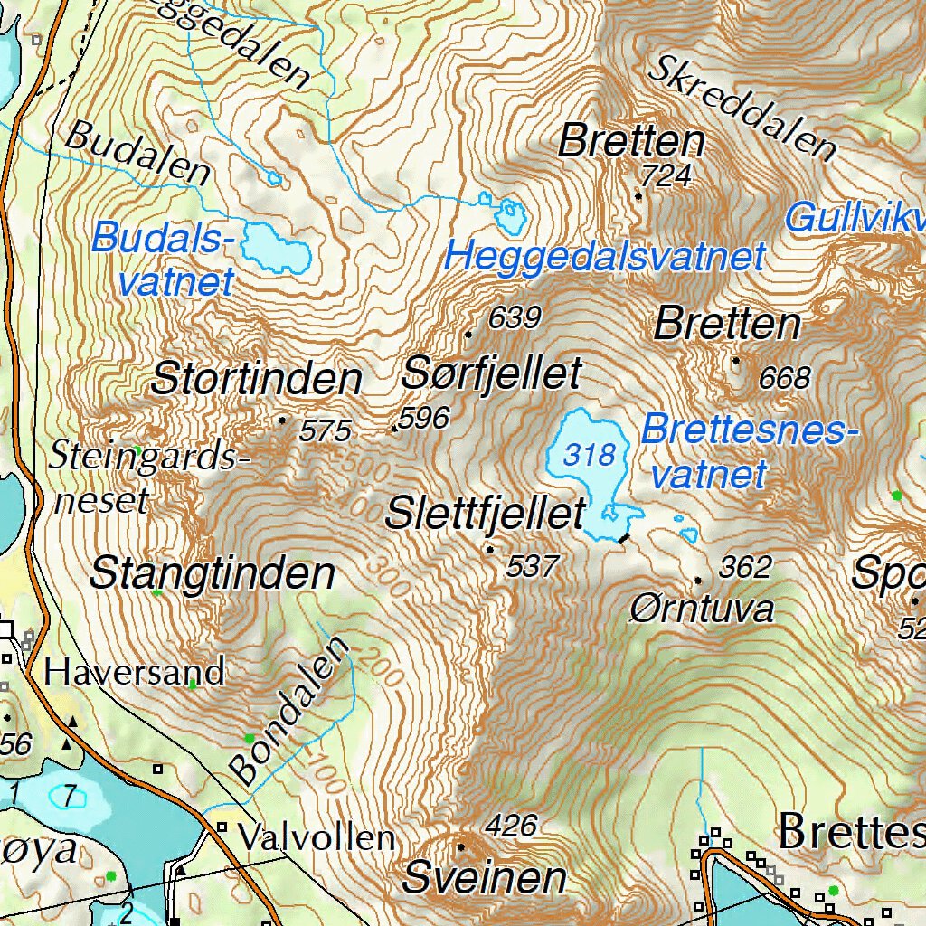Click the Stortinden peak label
pos(257,378)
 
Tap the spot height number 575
pos(325,431)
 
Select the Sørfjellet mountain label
pos(491,372)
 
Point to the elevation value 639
pos(514,318)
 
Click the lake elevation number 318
pos(589,454)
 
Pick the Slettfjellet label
pos(485,515)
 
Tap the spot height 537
pos(533,567)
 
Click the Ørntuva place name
pos(702,609)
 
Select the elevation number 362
pos(745,568)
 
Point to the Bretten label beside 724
pos(631,142)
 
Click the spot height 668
pos(784,378)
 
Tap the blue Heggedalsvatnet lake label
pos(605,258)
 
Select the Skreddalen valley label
pos(744,107)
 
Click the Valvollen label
pos(316,838)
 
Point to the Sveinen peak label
pos(485,877)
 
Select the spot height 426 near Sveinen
pos(511,826)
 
